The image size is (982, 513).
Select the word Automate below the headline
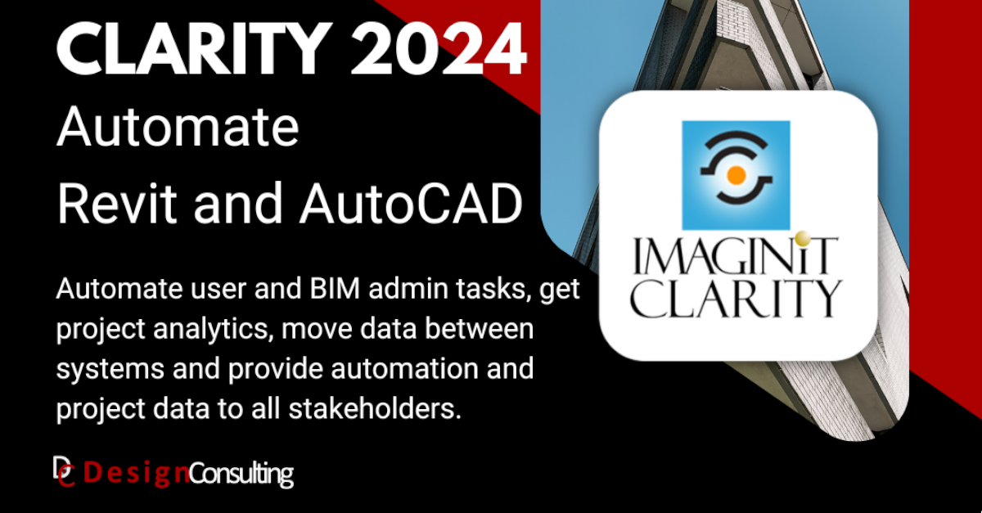[x=177, y=128]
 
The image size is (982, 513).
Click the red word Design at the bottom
[x=137, y=473]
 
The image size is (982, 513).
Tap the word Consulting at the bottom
[x=241, y=474]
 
